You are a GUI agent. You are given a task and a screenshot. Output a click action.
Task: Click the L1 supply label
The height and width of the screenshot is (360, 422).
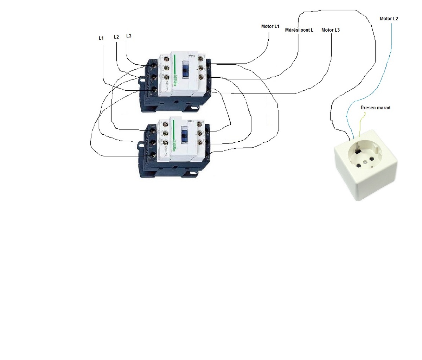(x=101, y=38)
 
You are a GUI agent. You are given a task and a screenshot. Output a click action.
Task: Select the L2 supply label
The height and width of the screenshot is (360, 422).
(x=116, y=37)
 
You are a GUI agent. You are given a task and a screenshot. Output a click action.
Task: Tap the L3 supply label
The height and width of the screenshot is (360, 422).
(x=129, y=36)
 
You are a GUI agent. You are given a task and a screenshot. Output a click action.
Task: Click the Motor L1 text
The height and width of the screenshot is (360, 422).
(x=270, y=26)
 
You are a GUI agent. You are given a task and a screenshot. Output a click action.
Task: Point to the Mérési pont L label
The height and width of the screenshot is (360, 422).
(x=299, y=30)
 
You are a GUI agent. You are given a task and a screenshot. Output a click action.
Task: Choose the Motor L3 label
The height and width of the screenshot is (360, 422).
(x=331, y=30)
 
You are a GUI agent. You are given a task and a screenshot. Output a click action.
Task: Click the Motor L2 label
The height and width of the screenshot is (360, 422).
(x=389, y=19)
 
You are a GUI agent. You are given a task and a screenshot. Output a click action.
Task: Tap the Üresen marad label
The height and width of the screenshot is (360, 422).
(x=375, y=108)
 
